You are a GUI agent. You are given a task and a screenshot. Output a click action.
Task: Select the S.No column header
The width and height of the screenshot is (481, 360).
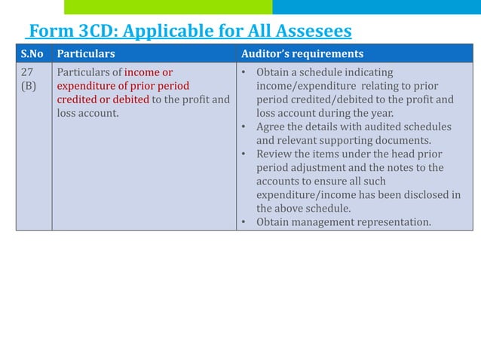pyautogui.click(x=33, y=53)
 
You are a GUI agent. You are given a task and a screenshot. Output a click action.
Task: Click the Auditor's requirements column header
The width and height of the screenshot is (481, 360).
pyautogui.click(x=302, y=53)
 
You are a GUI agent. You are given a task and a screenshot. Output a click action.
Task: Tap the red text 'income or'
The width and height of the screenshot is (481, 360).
pyautogui.click(x=149, y=72)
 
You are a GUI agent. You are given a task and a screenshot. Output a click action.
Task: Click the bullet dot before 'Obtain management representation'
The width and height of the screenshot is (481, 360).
pyautogui.click(x=245, y=222)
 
